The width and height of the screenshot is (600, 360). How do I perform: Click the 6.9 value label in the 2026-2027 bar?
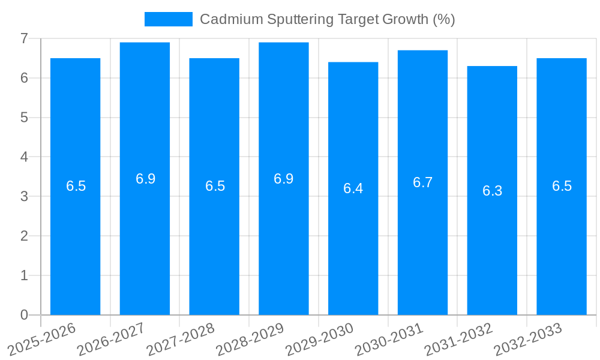pos(145,179)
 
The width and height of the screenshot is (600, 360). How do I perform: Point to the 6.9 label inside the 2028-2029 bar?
pos(283,179)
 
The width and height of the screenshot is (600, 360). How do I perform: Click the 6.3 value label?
pos(492,191)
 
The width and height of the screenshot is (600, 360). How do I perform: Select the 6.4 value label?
pos(353,188)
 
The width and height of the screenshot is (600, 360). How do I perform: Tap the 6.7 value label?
pos(422,183)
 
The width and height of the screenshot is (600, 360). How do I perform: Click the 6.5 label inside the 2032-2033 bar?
pos(562,186)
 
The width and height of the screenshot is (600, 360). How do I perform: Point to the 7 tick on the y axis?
pos(24,38)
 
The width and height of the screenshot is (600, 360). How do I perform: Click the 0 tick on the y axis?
pos(24,315)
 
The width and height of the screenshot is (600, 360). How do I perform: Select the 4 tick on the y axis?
pos(24,157)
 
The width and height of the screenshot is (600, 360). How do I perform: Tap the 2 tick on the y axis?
pos(24,236)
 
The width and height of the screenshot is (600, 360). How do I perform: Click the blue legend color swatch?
pos(168,19)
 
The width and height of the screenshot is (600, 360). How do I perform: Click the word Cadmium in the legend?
pos(223,19)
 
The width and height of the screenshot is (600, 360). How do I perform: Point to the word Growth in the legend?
pos(406,19)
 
